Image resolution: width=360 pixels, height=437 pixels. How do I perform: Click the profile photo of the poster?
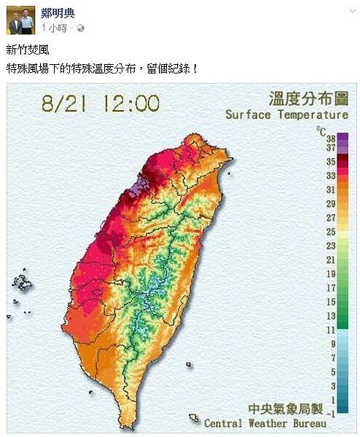pos(20,20)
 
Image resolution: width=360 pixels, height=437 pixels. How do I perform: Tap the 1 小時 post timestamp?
pos(55,28)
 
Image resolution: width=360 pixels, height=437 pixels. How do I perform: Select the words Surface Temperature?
pos(287,114)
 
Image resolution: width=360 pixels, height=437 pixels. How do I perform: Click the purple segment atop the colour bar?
pos(342,142)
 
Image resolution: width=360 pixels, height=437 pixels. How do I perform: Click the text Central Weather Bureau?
pos(265,422)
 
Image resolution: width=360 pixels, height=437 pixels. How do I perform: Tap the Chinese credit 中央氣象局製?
pos(281,409)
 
